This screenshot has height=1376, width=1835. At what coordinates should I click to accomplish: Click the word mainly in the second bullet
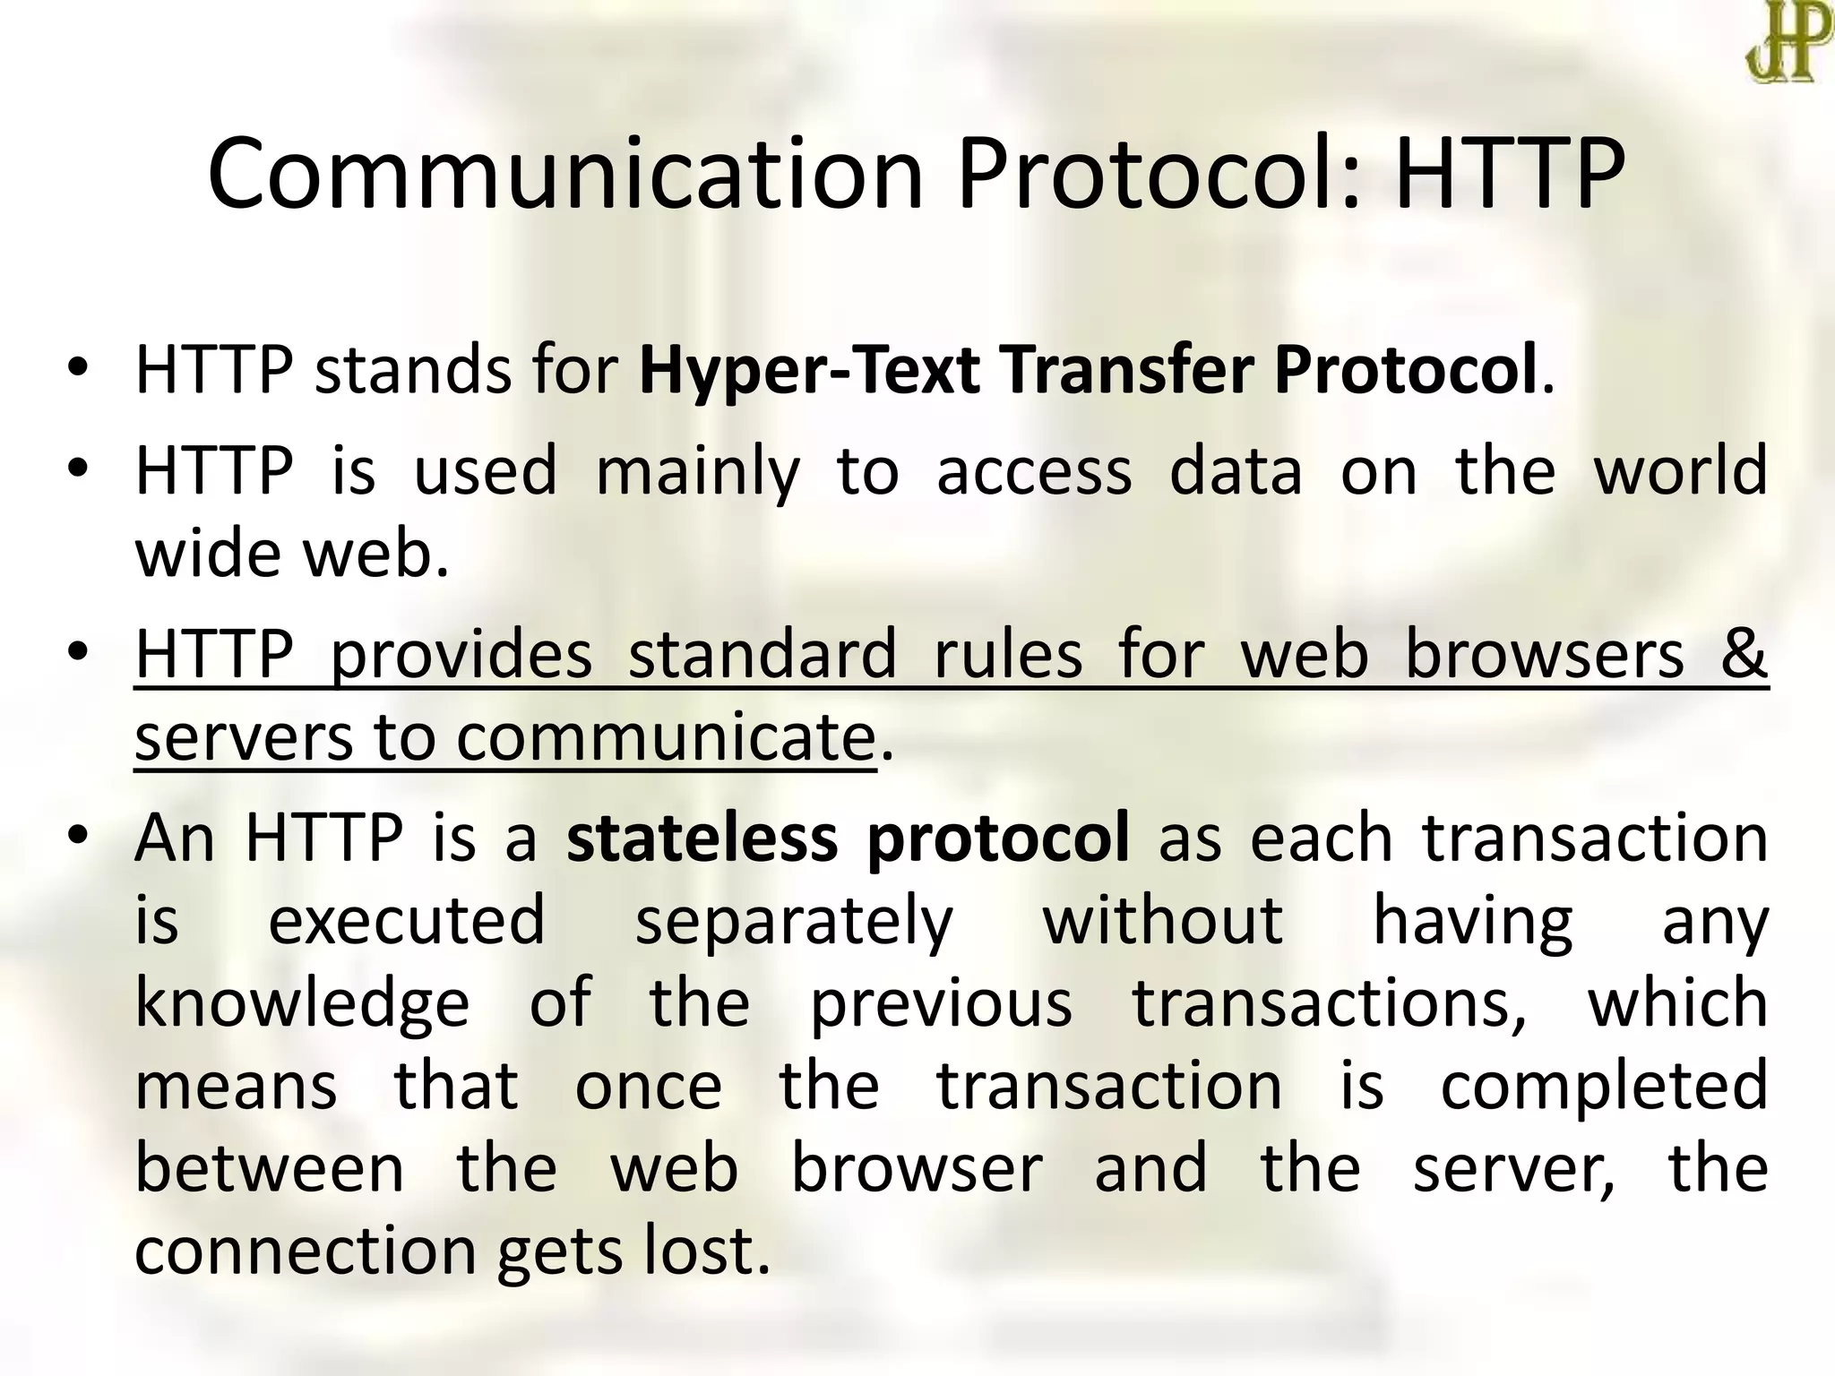[x=697, y=471]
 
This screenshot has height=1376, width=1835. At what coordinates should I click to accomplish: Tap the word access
[x=1034, y=471]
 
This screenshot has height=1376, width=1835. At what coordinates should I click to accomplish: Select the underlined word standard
[x=762, y=654]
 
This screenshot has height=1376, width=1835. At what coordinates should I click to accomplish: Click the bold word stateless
[x=702, y=838]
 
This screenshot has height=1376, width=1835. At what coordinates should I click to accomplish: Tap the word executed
[x=407, y=921]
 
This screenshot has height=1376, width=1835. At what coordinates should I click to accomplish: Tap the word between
[x=270, y=1168]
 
